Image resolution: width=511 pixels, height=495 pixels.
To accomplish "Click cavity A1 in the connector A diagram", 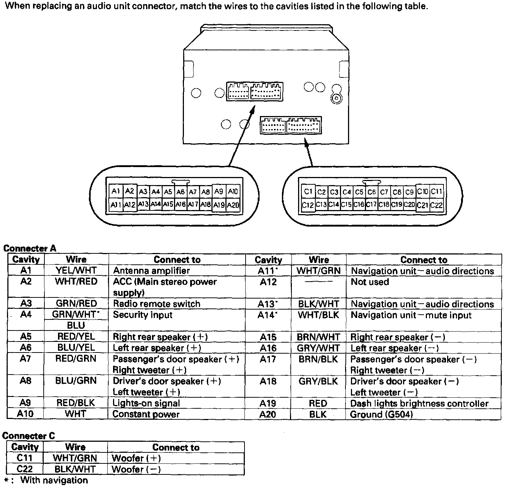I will tap(116, 191).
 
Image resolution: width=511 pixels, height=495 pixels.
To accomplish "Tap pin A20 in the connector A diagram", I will tap(233, 205).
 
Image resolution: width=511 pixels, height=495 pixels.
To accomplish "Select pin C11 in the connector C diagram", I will tap(436, 192).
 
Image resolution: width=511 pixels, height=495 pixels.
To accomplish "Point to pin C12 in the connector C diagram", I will tap(307, 205).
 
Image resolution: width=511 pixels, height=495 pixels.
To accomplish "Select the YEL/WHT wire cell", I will tap(76, 271).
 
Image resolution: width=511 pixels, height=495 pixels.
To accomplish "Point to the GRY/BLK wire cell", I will tap(318, 382).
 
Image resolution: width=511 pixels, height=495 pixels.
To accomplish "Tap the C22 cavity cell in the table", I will tap(25, 469).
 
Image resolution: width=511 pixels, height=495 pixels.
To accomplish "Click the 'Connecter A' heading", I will tap(30, 249).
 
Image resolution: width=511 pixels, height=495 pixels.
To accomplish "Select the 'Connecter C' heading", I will tap(29, 436).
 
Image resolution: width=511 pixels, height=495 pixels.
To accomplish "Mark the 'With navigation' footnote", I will tap(54, 480).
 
